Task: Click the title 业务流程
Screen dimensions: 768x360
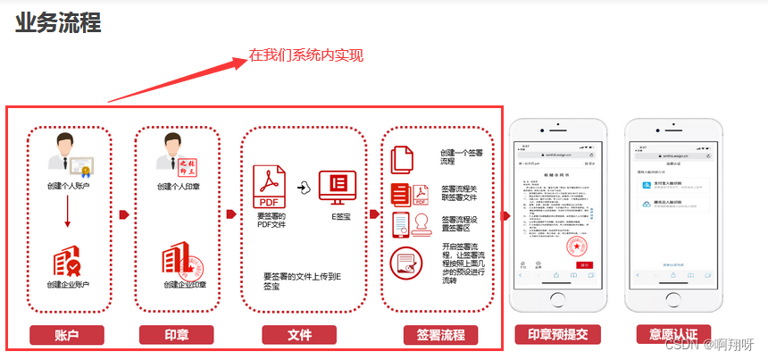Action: point(58,22)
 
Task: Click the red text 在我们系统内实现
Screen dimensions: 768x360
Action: point(306,55)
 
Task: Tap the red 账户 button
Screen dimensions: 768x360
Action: point(67,335)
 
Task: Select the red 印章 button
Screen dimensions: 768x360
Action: point(176,335)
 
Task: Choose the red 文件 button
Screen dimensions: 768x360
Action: point(300,335)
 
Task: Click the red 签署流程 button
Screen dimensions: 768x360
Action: point(440,335)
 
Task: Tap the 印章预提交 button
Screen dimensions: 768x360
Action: point(557,335)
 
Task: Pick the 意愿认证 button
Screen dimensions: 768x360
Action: point(667,335)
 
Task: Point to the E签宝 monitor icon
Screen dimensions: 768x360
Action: point(337,187)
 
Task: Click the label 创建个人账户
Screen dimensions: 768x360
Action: point(69,186)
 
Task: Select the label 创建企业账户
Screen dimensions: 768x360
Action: point(69,285)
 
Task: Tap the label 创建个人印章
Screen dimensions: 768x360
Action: point(178,187)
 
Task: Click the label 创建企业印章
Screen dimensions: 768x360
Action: point(184,285)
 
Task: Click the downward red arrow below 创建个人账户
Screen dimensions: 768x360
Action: point(69,214)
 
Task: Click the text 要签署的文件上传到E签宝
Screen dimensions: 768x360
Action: point(303,281)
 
